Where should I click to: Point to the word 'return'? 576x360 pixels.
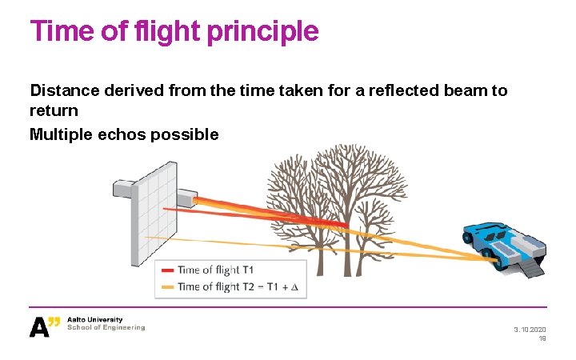click(x=54, y=110)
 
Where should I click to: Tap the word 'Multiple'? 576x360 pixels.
click(x=61, y=134)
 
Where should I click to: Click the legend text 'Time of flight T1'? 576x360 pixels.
click(x=216, y=270)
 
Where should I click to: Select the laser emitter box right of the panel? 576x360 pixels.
click(x=186, y=197)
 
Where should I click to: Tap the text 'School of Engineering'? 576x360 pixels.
click(x=106, y=327)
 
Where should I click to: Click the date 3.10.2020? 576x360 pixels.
click(x=530, y=330)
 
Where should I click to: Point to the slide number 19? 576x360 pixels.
click(x=542, y=339)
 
